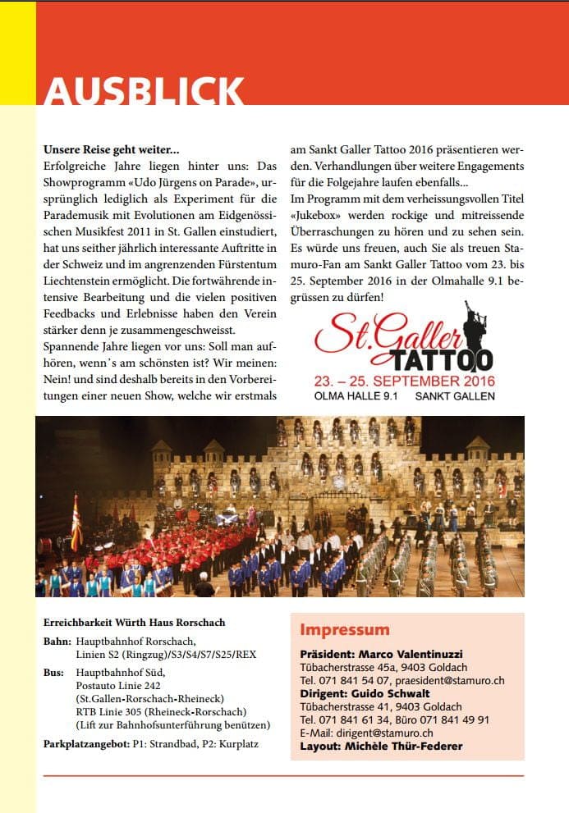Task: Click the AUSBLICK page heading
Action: coord(145,89)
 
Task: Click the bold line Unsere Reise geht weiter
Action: coord(111,151)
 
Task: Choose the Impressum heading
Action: coord(344,630)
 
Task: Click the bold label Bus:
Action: coord(55,672)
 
